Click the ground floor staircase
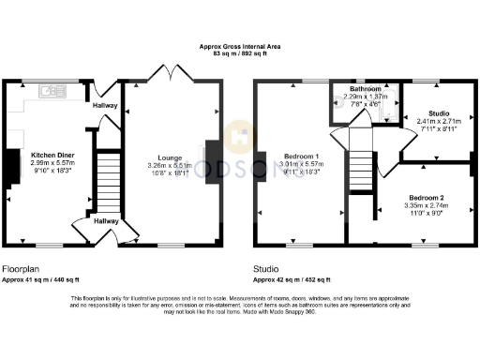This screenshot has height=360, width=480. click(x=111, y=183)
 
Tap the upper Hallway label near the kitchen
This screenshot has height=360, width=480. click(x=105, y=106)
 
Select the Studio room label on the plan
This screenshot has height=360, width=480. click(x=433, y=112)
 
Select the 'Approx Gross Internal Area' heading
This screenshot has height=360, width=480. click(x=239, y=45)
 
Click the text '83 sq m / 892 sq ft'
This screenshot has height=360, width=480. click(x=239, y=52)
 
